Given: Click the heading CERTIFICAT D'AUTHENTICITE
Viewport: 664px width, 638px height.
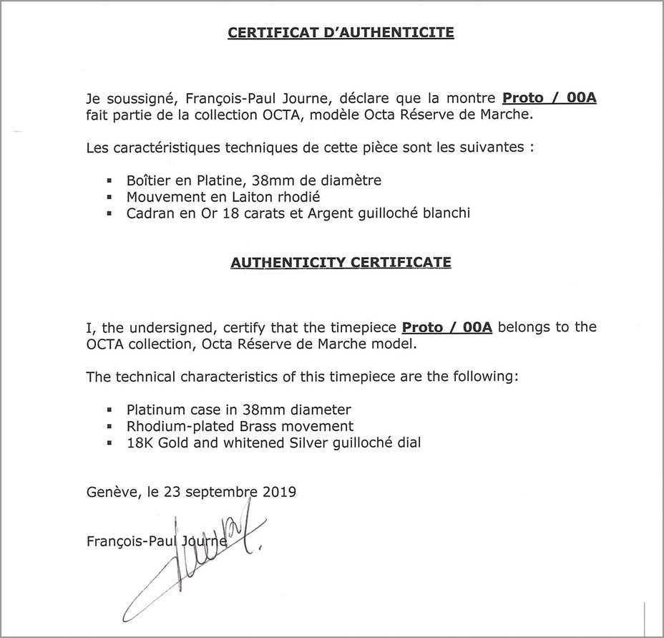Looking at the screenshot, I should tap(341, 33).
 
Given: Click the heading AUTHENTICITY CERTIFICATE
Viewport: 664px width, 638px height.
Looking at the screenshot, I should tap(341, 263).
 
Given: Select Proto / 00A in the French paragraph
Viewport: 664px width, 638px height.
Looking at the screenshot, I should tap(550, 98).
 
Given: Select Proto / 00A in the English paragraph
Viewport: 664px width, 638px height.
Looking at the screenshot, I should tap(447, 327).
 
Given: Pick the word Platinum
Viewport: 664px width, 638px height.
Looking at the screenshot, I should tap(155, 410).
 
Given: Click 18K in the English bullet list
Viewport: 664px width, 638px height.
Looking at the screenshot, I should tap(139, 443).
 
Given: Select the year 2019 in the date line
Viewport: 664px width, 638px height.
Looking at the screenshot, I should tap(278, 493).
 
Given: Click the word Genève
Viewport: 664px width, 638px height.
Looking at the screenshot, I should tap(109, 493).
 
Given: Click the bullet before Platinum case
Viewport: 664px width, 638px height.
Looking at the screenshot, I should tap(109, 411).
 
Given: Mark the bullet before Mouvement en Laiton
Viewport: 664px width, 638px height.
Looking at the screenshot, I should tap(109, 198).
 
